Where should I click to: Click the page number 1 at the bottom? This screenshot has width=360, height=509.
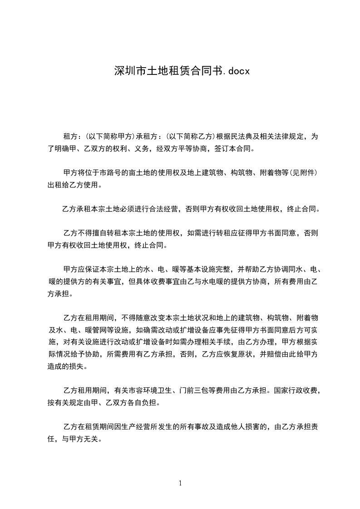tap(180, 483)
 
